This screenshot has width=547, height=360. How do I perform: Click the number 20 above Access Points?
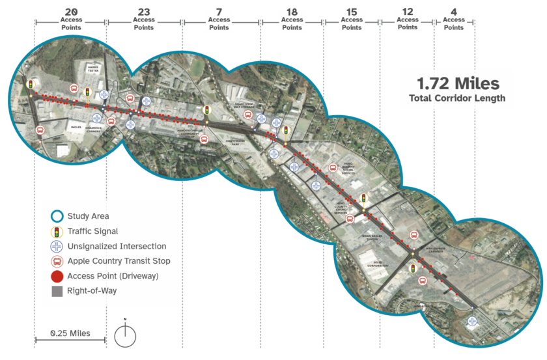(x=71, y=11)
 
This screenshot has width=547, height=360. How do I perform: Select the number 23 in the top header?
(x=144, y=11)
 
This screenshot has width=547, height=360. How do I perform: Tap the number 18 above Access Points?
(x=292, y=11)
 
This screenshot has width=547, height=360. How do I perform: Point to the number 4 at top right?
(x=454, y=11)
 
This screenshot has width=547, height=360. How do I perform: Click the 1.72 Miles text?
(x=458, y=84)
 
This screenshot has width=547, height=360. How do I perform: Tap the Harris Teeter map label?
(x=90, y=68)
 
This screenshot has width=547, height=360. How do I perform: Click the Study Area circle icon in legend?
(x=57, y=217)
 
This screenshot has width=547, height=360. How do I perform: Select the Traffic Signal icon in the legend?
(x=57, y=231)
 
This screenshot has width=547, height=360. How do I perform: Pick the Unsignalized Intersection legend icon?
(x=57, y=247)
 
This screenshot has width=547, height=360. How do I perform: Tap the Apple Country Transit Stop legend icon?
(x=57, y=262)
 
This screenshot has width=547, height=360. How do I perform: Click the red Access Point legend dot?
(x=57, y=277)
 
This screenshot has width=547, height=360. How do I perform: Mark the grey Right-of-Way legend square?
(x=57, y=291)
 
